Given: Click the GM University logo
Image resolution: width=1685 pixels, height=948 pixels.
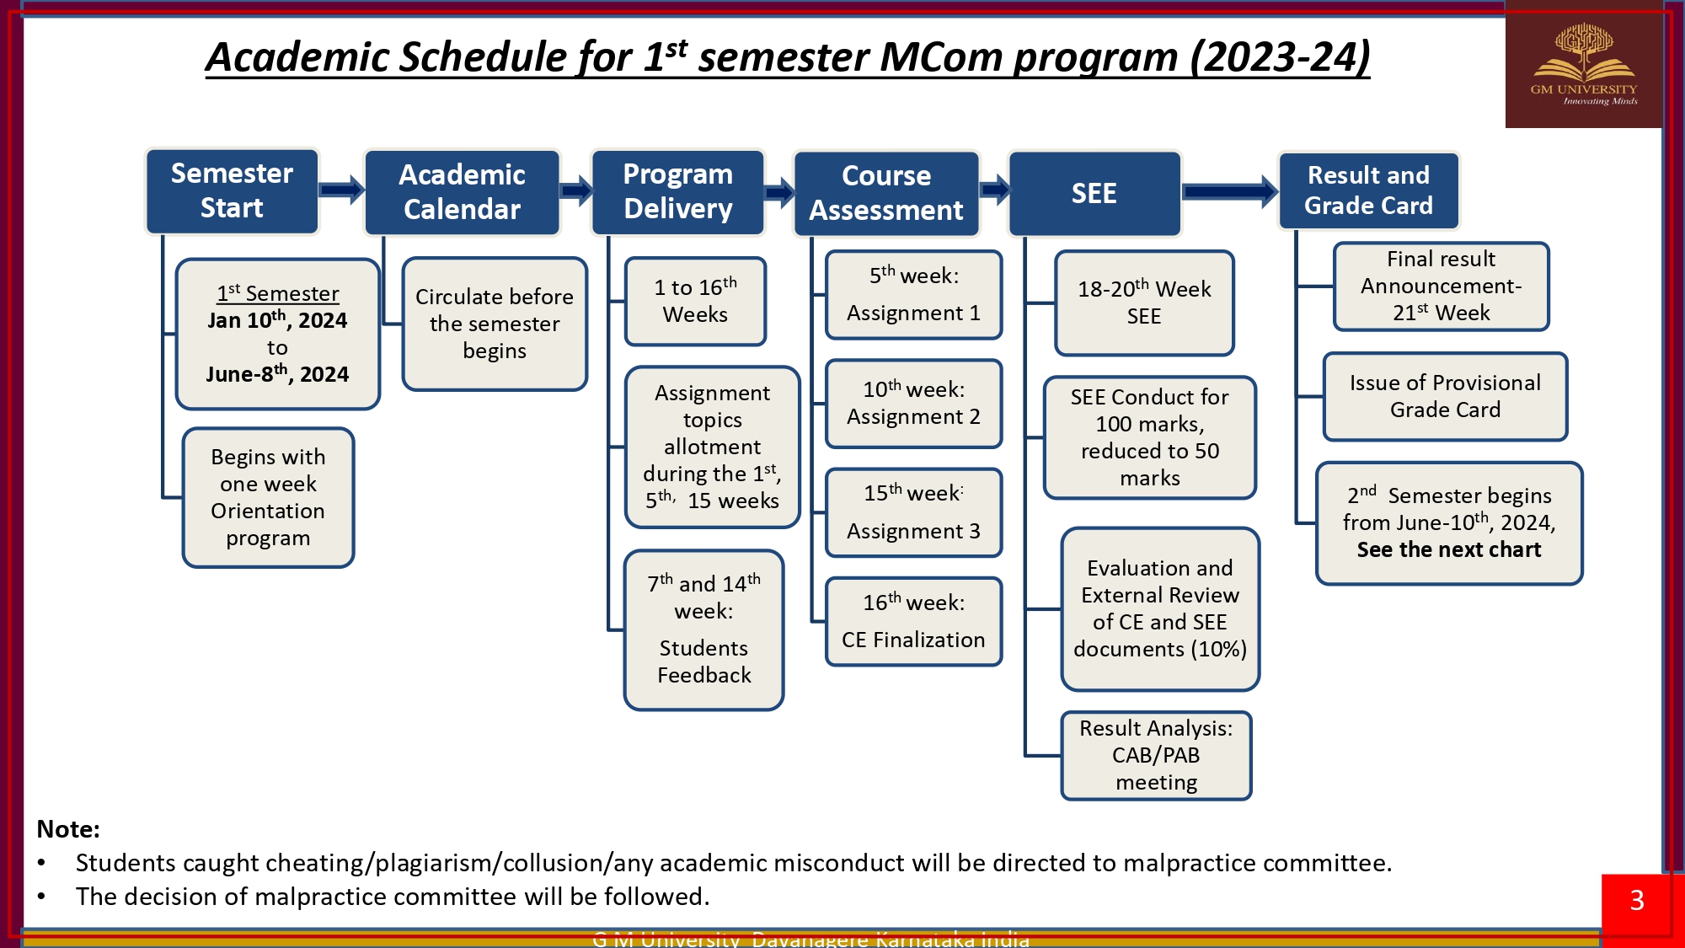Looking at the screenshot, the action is tap(1584, 65).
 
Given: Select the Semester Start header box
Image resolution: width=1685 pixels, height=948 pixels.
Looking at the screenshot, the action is tap(232, 191).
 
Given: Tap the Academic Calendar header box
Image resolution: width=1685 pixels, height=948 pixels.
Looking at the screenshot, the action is tap(462, 192).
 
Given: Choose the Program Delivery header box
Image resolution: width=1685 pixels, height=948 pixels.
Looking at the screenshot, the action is tap(677, 191).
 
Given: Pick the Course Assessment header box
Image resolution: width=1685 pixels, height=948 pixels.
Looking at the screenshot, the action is tap(886, 193).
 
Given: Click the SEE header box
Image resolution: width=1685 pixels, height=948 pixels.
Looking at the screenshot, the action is tap(1094, 193).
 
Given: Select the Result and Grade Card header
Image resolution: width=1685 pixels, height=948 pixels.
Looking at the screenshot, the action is tap(1368, 190).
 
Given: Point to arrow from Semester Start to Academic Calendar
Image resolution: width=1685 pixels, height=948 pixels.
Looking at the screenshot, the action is tap(341, 190).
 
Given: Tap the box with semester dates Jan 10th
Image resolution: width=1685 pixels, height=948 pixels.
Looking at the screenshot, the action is tap(278, 334).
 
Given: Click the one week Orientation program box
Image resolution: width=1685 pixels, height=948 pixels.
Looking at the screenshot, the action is tap(268, 497).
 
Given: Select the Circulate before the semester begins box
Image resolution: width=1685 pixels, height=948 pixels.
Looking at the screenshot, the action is tap(495, 324).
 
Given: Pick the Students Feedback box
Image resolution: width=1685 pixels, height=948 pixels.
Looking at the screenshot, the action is tap(703, 629).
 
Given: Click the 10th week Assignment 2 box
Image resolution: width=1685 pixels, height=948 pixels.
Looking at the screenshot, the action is tap(913, 403).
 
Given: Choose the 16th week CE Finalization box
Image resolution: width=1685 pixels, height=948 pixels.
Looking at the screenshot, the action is tap(913, 621).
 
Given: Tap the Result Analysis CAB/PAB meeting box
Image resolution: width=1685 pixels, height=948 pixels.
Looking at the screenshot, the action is tap(1156, 755).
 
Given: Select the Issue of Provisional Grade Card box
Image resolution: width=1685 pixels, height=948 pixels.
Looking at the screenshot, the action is tap(1445, 396).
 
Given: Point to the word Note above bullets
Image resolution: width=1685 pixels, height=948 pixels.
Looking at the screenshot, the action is tap(68, 829).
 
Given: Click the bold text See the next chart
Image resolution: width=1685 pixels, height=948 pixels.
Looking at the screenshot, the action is tap(1449, 549).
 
